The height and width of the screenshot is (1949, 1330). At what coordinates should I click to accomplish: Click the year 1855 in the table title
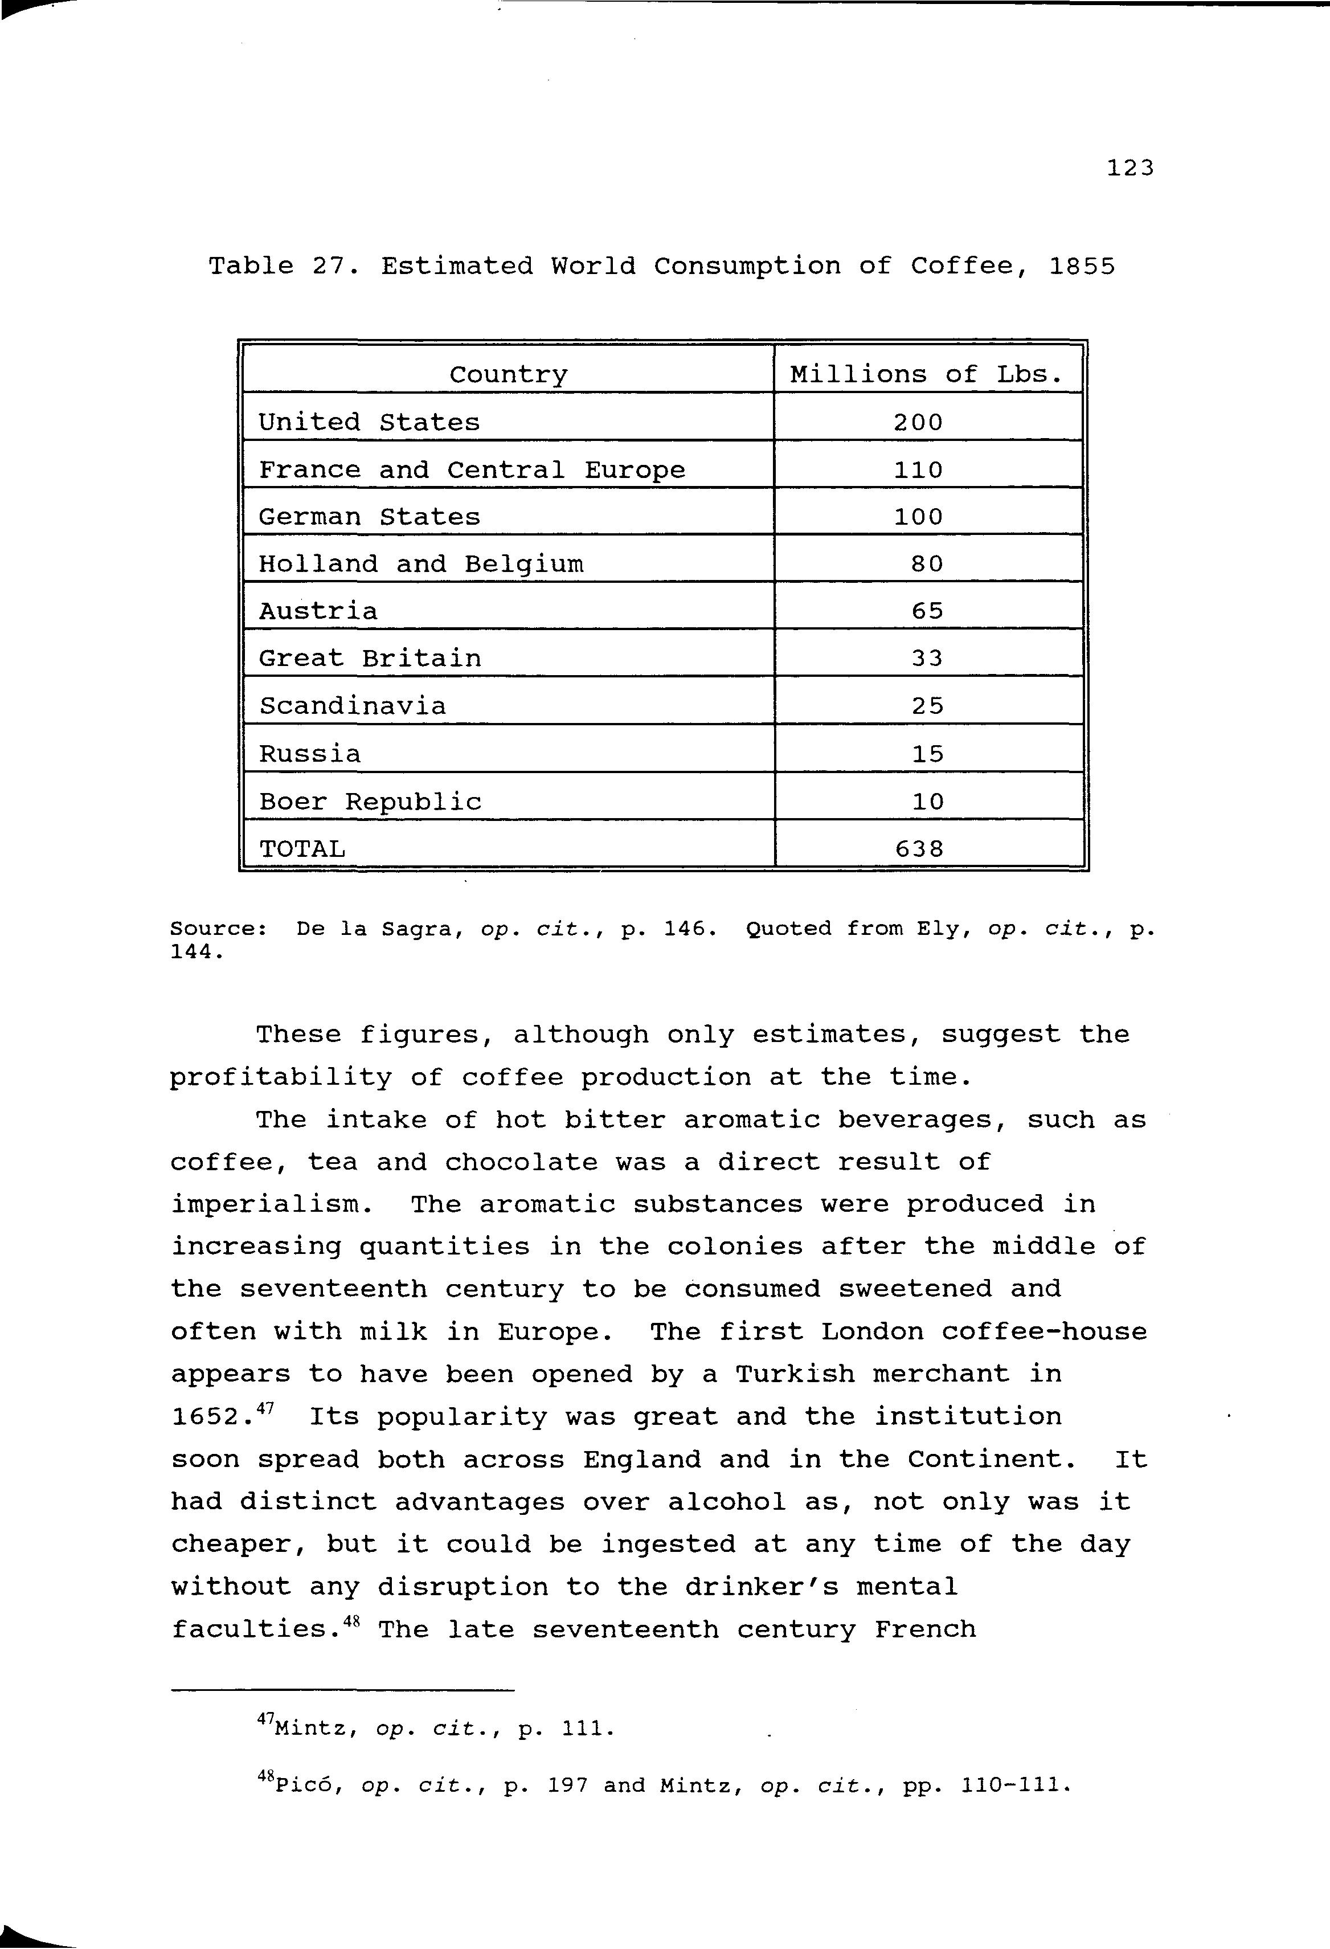pyautogui.click(x=1082, y=267)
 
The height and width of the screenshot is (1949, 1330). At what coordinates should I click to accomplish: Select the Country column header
pyautogui.click(x=508, y=374)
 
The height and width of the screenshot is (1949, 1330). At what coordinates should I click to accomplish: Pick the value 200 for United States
pyautogui.click(x=918, y=422)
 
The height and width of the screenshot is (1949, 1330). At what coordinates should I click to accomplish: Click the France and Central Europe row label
pyautogui.click(x=471, y=469)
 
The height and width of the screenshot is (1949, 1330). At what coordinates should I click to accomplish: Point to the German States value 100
pyautogui.click(x=918, y=517)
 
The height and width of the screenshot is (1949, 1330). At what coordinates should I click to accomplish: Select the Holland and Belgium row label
pyautogui.click(x=420, y=563)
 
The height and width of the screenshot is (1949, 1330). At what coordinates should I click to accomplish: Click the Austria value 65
pyautogui.click(x=927, y=611)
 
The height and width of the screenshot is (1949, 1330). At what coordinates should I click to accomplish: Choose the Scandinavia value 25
pyautogui.click(x=927, y=705)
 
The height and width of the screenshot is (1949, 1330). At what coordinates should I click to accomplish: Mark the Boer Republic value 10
pyautogui.click(x=927, y=802)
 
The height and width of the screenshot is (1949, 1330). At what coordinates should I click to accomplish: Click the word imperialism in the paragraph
pyautogui.click(x=272, y=1205)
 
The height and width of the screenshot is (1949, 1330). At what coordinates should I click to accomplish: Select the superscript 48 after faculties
pyautogui.click(x=351, y=1619)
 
